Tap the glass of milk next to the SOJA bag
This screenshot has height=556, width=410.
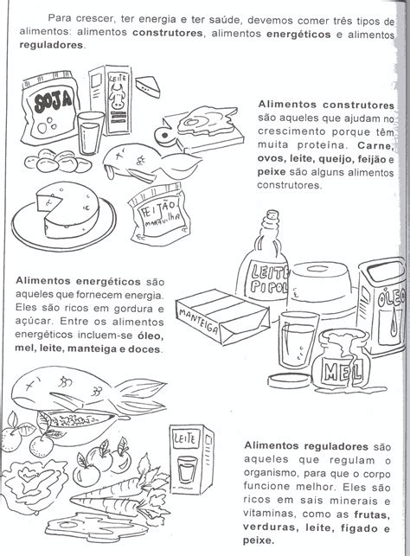click(89, 135)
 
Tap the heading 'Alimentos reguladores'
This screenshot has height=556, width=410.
click(307, 445)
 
